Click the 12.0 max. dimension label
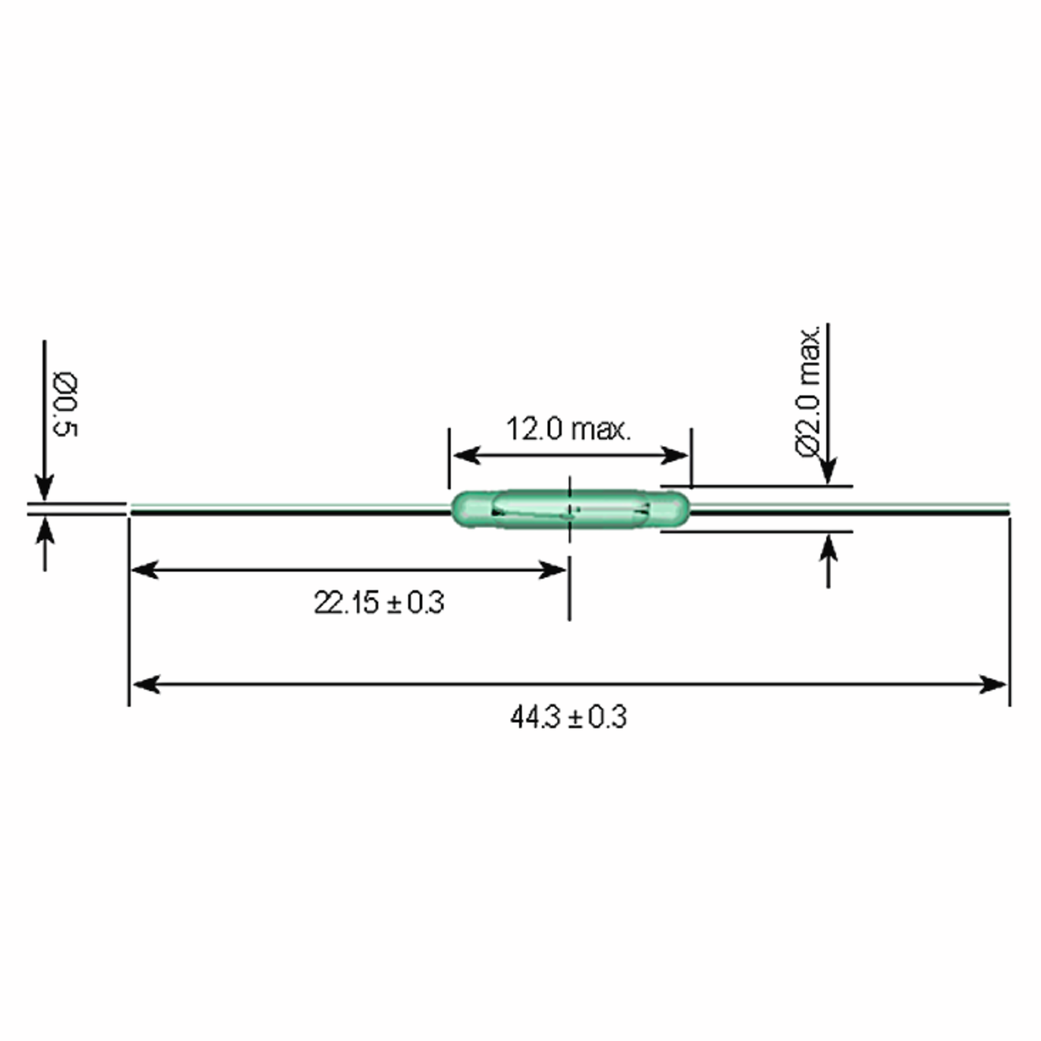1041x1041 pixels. click(568, 429)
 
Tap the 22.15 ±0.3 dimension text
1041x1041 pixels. click(379, 602)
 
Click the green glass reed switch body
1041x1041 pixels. click(570, 509)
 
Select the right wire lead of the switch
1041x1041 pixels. click(849, 510)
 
